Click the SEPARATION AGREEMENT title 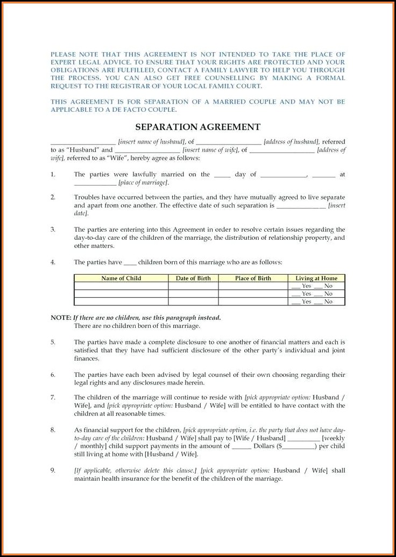(x=197, y=127)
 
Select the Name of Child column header (x=121, y=278)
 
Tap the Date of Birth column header (x=193, y=278)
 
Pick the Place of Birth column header (x=253, y=278)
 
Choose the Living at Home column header (x=316, y=278)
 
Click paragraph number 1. (x=53, y=174)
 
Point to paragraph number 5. (x=53, y=342)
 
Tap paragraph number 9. (x=53, y=470)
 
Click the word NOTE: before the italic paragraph (x=61, y=318)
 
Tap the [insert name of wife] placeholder (x=210, y=151)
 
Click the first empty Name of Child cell (x=121, y=286)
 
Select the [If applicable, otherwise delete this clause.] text (x=135, y=470)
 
